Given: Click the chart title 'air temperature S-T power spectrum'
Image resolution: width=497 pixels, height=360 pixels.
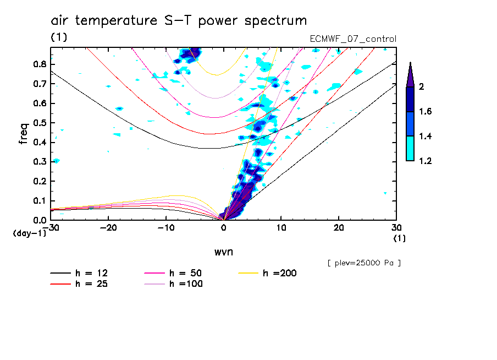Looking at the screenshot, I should click(x=179, y=21).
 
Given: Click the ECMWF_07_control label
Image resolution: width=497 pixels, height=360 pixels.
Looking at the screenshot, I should click(x=354, y=39).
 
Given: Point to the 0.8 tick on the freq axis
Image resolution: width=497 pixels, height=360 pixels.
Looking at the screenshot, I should click(x=38, y=64).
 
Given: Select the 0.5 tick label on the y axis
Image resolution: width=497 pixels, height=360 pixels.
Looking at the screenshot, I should click(x=38, y=123).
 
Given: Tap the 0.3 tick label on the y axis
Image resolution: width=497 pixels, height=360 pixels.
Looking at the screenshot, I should click(x=38, y=162).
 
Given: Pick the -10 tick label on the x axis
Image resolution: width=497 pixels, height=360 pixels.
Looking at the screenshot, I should click(x=166, y=227).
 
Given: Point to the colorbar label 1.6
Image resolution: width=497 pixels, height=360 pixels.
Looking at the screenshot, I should click(x=426, y=112).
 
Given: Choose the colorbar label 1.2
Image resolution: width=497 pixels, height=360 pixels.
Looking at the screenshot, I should click(x=426, y=161).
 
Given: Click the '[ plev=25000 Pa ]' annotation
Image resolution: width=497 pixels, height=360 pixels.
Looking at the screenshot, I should click(x=364, y=263).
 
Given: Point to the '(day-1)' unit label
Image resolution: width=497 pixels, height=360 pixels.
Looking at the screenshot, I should click(x=29, y=233).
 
